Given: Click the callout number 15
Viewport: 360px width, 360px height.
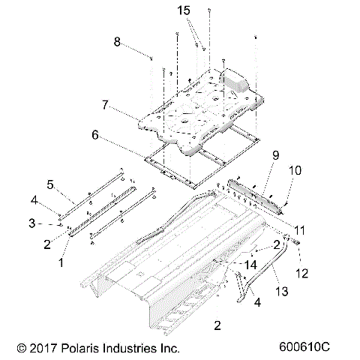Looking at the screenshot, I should (x=184, y=11).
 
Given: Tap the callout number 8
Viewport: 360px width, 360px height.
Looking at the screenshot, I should (x=117, y=43).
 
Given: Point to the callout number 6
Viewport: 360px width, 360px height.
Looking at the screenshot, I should (x=95, y=136).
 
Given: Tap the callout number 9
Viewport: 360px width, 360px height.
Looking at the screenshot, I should (x=275, y=155).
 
